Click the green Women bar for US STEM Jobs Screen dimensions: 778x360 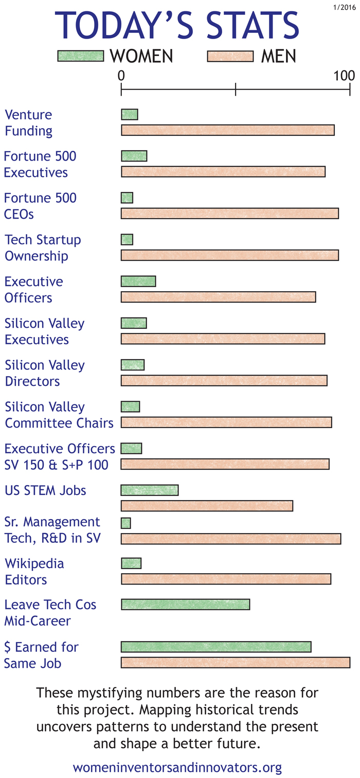[x=150, y=490]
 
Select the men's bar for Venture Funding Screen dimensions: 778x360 [x=228, y=130]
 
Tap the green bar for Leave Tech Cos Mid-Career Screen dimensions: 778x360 [x=185, y=604]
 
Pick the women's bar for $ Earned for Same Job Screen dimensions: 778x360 [x=216, y=647]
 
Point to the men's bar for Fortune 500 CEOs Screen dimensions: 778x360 [x=230, y=213]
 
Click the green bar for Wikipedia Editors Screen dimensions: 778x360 [x=131, y=563]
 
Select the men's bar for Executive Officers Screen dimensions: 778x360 [x=218, y=297]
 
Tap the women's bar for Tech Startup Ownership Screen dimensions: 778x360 [x=127, y=239]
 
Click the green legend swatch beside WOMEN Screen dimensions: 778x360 [x=81, y=56]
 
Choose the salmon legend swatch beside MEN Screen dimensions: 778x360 [x=230, y=56]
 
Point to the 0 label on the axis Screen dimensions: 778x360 [x=121, y=76]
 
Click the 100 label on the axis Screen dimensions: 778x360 [x=344, y=76]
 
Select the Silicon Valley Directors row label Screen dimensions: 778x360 [x=45, y=373]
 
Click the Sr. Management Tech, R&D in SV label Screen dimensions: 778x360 [x=52, y=530]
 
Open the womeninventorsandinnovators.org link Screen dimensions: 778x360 [x=177, y=768]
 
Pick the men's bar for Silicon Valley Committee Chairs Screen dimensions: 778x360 [x=226, y=422]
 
